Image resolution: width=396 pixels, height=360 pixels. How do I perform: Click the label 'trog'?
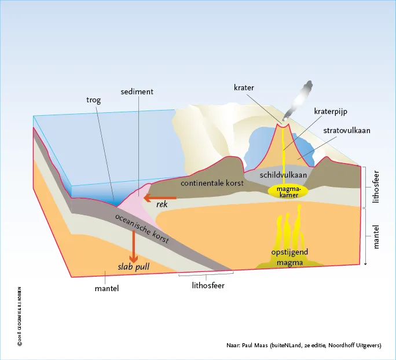click(93, 100)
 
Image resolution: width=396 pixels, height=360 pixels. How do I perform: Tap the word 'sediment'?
click(137, 91)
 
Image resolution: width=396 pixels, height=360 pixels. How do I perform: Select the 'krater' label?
click(244, 87)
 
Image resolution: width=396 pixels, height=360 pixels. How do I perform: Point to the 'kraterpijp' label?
click(331, 111)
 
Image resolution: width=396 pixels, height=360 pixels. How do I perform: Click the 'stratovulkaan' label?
click(347, 131)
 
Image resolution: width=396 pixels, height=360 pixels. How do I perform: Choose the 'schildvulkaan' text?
click(283, 175)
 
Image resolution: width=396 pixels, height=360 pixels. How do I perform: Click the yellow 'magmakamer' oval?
click(288, 192)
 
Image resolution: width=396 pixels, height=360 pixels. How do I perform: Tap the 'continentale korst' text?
click(212, 183)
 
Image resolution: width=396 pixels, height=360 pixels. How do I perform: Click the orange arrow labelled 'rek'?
click(160, 198)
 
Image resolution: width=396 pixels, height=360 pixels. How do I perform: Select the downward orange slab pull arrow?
click(133, 246)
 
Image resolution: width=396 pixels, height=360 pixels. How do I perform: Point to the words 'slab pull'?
click(134, 267)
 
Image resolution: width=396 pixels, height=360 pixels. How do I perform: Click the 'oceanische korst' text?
click(142, 229)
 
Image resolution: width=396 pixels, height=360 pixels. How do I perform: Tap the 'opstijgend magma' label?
click(289, 257)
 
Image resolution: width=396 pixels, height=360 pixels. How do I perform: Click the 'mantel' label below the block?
click(107, 288)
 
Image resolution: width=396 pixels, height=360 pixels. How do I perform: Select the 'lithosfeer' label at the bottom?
click(208, 285)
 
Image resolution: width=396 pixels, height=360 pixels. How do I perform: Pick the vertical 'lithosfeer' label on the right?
click(376, 187)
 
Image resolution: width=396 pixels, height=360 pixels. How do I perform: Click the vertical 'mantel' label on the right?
click(376, 237)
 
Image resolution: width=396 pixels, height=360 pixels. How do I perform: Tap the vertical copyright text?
click(20, 316)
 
